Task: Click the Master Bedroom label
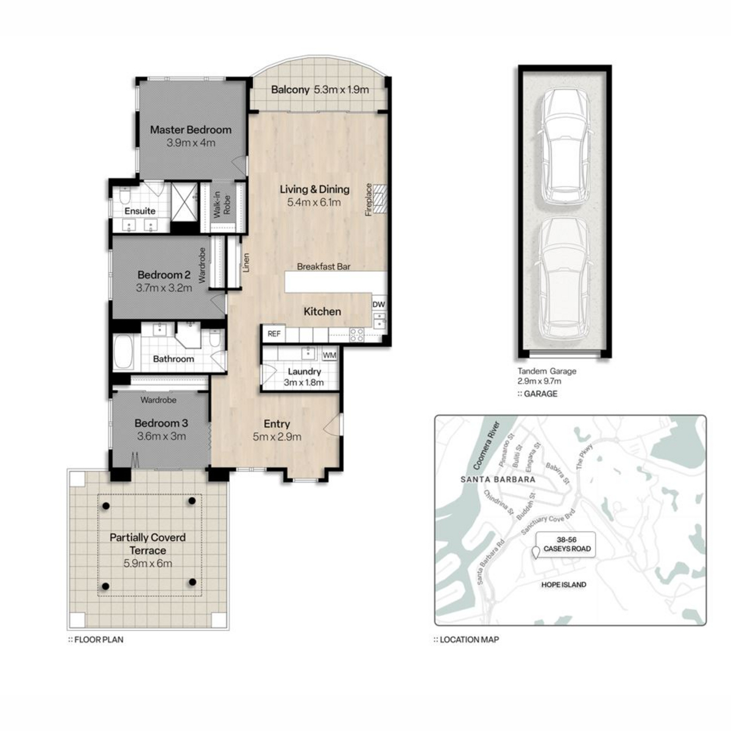coord(191,130)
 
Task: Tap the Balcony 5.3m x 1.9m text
coord(320,90)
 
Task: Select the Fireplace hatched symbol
coord(379,199)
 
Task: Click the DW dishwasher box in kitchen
coord(378,304)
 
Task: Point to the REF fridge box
coord(274,334)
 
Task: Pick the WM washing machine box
coord(330,355)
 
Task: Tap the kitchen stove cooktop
coord(356,335)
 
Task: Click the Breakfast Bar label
coord(323,267)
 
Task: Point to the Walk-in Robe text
coord(222,205)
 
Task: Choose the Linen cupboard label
coord(247,263)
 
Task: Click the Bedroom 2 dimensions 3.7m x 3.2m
coord(164,288)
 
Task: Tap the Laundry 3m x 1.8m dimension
coord(303,383)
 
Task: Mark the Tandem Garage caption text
coord(546,372)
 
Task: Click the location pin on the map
coord(535,553)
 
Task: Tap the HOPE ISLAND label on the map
coord(563,585)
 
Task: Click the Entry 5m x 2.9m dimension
coord(277,437)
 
